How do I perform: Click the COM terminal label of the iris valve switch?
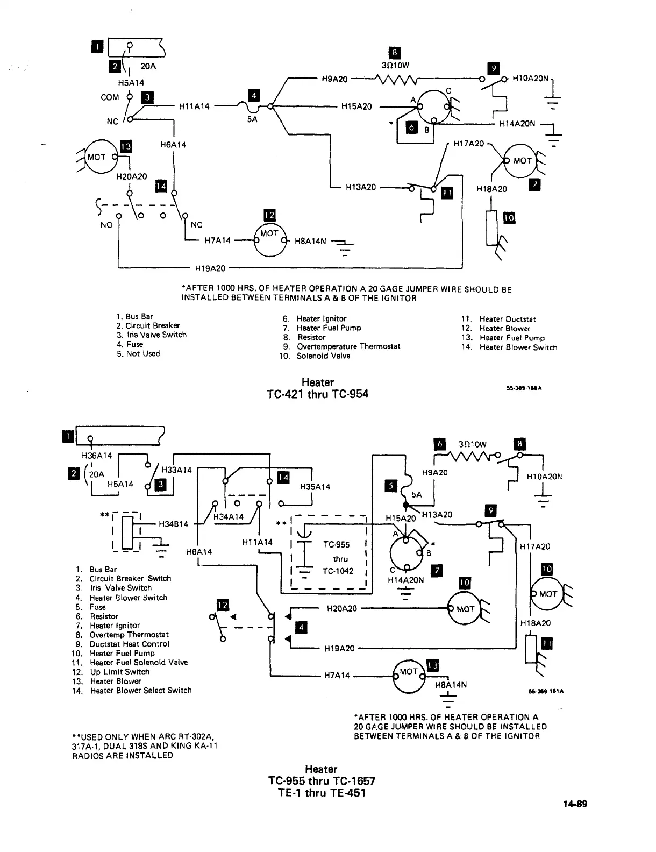[x=110, y=97]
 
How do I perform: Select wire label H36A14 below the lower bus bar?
[x=97, y=456]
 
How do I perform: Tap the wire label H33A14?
[x=176, y=470]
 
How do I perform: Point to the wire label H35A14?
[x=315, y=487]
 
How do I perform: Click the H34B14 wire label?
[x=173, y=524]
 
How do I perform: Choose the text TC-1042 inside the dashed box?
[x=338, y=571]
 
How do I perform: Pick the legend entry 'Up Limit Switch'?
[x=120, y=672]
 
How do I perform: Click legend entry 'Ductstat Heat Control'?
[x=129, y=644]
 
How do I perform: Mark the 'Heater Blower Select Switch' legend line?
[x=140, y=690]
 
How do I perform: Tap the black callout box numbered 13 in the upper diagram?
[x=126, y=146]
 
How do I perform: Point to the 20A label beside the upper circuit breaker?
[x=148, y=67]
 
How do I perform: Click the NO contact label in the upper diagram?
[x=106, y=225]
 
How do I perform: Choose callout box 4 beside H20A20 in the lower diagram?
[x=302, y=627]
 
